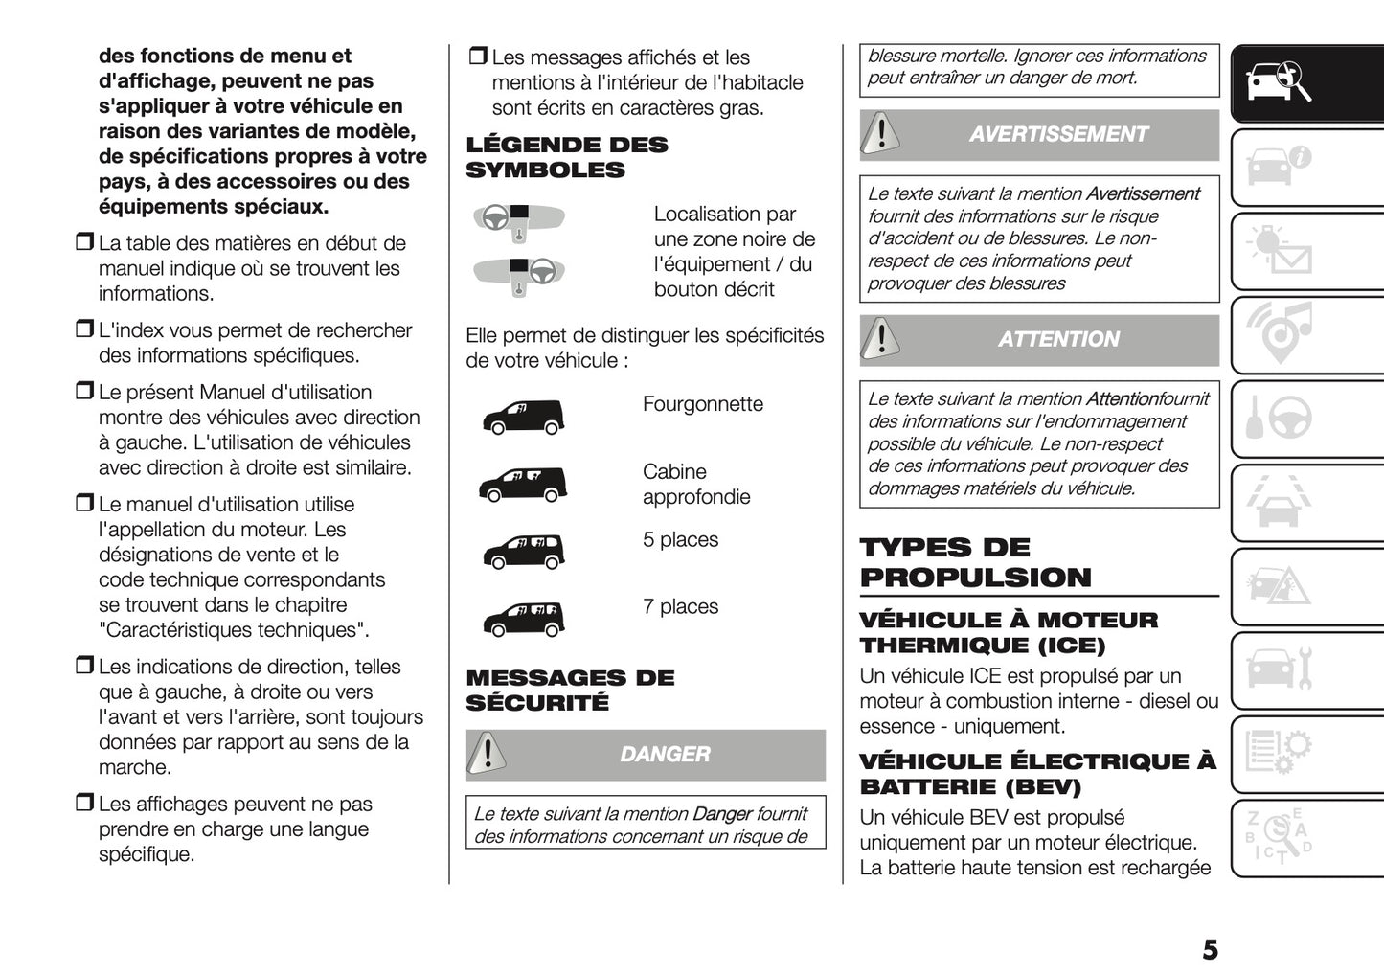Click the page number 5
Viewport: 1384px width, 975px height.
tap(1210, 949)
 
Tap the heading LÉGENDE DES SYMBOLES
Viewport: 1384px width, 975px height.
tap(566, 158)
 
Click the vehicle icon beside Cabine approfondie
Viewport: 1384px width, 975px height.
tap(523, 485)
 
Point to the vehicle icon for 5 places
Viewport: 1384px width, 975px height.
tap(523, 552)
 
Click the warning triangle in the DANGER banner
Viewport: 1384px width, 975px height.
tap(488, 754)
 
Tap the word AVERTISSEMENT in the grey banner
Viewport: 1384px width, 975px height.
tap(1057, 135)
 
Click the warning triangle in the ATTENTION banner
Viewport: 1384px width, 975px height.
tap(880, 339)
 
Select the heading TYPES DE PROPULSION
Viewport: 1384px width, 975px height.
tap(975, 562)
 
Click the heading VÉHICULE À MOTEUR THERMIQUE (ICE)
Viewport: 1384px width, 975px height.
tap(1008, 632)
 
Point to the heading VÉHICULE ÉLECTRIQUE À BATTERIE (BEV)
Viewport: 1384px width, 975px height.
tap(1037, 774)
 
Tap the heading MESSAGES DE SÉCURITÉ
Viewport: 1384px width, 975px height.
tap(570, 690)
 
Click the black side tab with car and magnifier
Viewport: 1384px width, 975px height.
tap(1280, 82)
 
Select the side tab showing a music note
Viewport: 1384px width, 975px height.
tap(1280, 333)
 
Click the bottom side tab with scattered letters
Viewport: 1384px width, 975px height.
tap(1280, 837)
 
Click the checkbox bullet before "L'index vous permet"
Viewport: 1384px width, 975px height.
tap(84, 330)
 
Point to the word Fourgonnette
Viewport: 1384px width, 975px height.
tap(702, 404)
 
